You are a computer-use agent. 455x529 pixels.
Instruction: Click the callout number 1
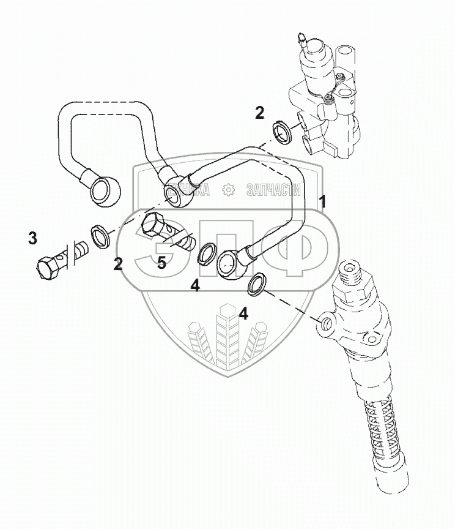click(322, 201)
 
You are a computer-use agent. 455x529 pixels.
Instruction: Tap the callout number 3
click(32, 238)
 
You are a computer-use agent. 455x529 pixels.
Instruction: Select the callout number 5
click(161, 263)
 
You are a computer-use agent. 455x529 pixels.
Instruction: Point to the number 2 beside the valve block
click(259, 113)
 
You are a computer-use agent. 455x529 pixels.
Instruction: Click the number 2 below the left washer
click(118, 264)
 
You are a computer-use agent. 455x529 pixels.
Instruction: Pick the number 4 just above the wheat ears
click(243, 314)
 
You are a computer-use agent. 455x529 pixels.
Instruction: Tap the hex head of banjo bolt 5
click(152, 226)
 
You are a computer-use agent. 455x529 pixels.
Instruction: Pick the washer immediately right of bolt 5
click(205, 251)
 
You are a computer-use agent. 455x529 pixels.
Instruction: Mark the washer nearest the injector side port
click(257, 283)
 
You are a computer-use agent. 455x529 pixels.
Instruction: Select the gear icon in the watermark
click(229, 190)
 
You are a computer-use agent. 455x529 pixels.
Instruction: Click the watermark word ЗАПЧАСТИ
click(272, 190)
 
